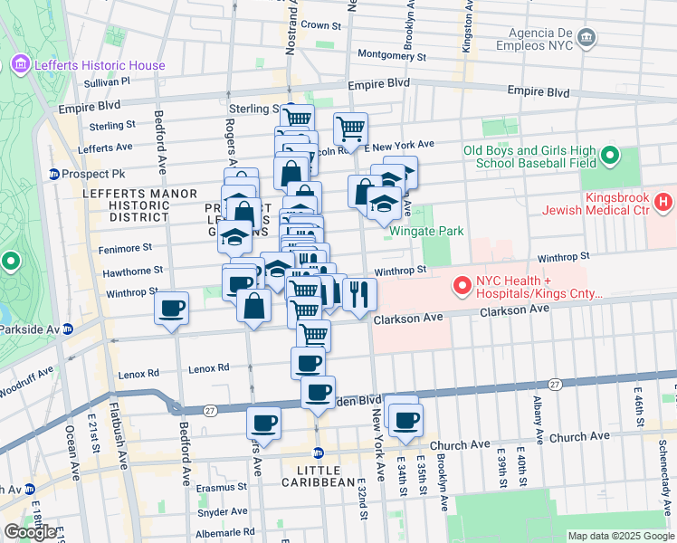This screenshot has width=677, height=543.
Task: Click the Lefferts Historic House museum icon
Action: [x=20, y=64]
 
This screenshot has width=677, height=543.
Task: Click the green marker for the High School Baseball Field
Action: [x=610, y=156]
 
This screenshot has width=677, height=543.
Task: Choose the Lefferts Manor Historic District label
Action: [x=126, y=205]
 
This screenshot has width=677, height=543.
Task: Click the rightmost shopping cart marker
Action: [x=350, y=128]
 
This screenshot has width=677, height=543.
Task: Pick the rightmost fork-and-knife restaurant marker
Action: [x=359, y=294]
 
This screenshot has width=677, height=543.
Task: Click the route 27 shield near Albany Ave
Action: [x=554, y=385]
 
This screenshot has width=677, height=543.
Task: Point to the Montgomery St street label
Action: [x=392, y=55]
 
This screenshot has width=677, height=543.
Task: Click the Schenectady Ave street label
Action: [x=663, y=462]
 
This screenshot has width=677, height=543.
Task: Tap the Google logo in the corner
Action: [x=31, y=532]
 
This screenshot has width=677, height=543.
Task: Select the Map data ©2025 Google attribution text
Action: [x=620, y=536]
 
